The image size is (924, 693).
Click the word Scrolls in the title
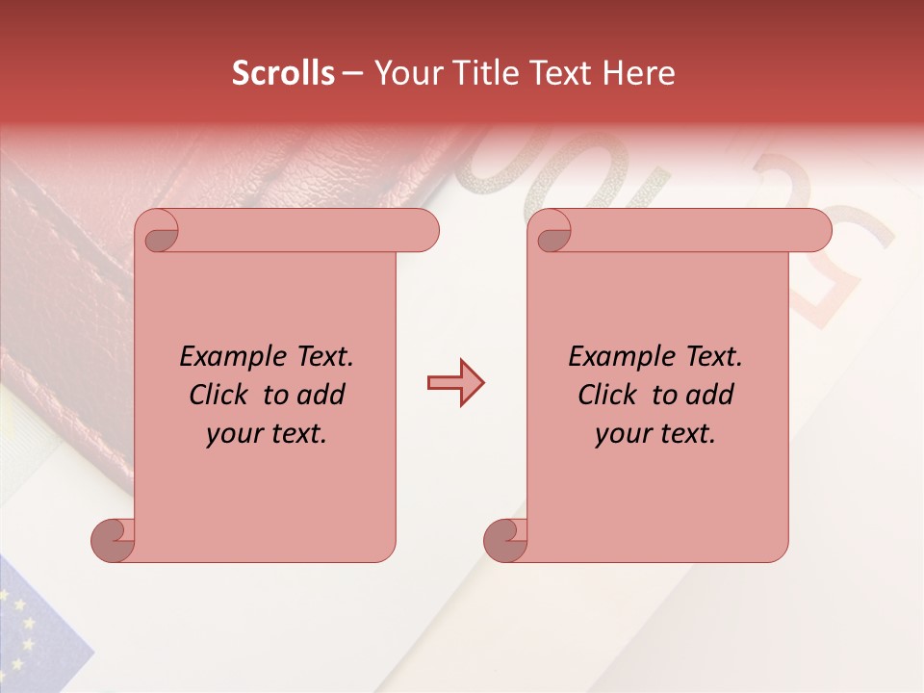click(283, 73)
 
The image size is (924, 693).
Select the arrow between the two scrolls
click(455, 384)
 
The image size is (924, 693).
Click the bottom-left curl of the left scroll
click(112, 540)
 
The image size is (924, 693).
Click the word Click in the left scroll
click(218, 396)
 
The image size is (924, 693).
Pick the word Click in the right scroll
click(607, 396)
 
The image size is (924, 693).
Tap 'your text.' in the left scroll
click(267, 434)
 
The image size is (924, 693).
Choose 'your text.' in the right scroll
click(655, 434)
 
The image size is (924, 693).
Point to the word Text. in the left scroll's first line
click(321, 357)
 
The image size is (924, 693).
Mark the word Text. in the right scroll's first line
click(709, 357)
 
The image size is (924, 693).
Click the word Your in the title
click(400, 73)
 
